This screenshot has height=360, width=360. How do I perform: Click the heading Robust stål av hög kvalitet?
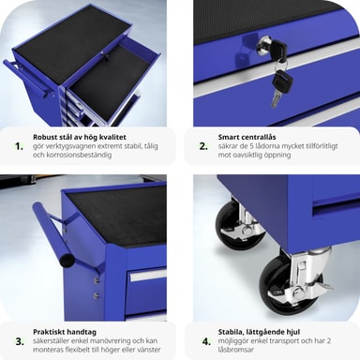click(80, 137)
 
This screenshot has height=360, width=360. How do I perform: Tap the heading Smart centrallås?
click(247, 137)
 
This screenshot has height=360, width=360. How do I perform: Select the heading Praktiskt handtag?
click(65, 332)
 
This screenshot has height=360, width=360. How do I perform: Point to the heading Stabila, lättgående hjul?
click(259, 332)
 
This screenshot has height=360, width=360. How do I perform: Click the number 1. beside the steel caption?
click(20, 146)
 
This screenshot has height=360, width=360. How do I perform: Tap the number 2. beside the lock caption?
click(203, 146)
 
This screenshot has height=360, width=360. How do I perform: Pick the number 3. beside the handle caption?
click(20, 341)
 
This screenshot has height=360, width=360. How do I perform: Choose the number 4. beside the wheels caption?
click(206, 341)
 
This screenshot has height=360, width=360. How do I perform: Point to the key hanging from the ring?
click(281, 87)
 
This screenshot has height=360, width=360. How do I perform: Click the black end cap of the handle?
click(67, 261)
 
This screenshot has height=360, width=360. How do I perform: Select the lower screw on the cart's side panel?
click(97, 294)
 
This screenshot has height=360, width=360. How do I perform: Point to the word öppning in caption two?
click(277, 155)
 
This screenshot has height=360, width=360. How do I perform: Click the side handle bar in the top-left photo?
click(28, 77)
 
